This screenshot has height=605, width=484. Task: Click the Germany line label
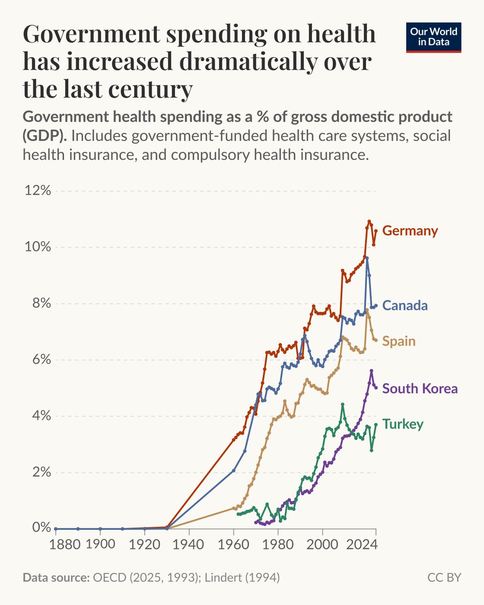coord(410,231)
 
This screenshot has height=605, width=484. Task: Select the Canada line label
coord(405,305)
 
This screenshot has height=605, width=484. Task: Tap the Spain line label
coord(399,341)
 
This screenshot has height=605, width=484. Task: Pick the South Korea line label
coord(420,389)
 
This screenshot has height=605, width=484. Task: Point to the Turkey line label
coord(403,425)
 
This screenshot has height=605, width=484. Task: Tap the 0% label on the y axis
coord(40,528)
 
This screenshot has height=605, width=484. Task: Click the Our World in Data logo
coord(434,36)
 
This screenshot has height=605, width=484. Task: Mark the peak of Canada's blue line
coord(367,258)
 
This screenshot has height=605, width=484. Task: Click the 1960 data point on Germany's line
coord(233,440)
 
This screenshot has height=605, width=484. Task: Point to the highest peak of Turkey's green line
coord(342,404)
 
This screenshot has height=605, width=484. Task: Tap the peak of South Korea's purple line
coord(371,371)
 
